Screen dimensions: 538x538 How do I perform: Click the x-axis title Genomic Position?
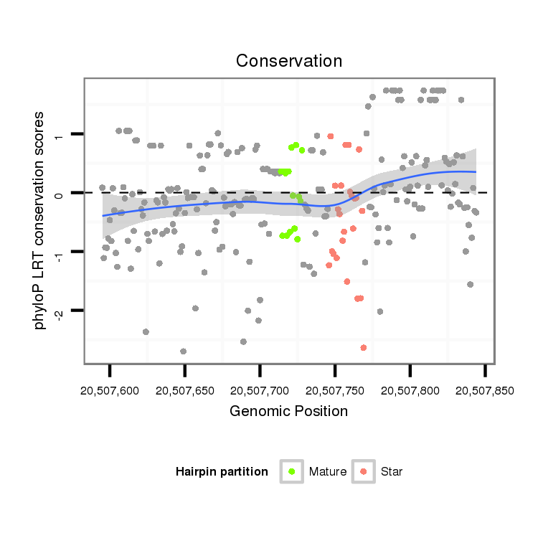[x=289, y=412]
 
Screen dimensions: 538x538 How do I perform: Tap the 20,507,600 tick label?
[x=110, y=391]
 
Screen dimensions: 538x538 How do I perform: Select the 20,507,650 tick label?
[x=185, y=391]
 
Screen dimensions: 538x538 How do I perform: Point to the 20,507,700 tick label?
[x=260, y=391]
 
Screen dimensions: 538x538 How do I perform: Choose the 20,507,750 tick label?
[x=335, y=391]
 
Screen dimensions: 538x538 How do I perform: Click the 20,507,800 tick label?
[x=410, y=391]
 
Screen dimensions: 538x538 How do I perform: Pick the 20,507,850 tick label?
[x=485, y=391]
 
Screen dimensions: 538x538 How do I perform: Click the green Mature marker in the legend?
[x=292, y=471]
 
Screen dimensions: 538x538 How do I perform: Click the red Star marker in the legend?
[x=364, y=471]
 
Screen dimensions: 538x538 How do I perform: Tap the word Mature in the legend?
[x=328, y=472]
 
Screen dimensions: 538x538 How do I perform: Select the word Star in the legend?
[x=392, y=472]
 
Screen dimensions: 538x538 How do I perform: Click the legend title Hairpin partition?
[x=222, y=472]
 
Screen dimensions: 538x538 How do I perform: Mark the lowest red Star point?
[x=364, y=348]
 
